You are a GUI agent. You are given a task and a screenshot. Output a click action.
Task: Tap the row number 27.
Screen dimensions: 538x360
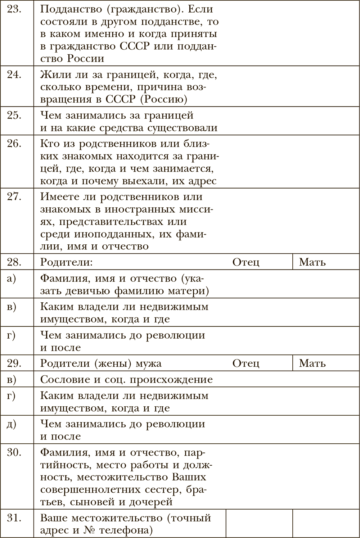click(x=14, y=197)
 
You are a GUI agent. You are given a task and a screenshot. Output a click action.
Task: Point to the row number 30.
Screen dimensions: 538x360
click(x=14, y=452)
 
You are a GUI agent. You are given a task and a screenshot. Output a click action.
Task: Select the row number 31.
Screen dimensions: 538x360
click(x=14, y=518)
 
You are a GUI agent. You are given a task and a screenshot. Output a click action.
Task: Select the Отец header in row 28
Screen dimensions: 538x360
click(x=246, y=262)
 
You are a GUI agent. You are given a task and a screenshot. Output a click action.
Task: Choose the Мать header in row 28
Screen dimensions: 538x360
click(x=312, y=262)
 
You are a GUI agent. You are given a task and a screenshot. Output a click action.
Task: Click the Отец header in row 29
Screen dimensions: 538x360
click(x=246, y=363)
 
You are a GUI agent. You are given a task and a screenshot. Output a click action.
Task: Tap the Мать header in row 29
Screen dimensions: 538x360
click(x=312, y=363)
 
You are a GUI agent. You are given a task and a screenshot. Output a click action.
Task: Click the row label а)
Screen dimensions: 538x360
click(x=12, y=279)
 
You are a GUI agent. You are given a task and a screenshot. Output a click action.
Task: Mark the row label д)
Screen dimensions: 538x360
click(x=12, y=424)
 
